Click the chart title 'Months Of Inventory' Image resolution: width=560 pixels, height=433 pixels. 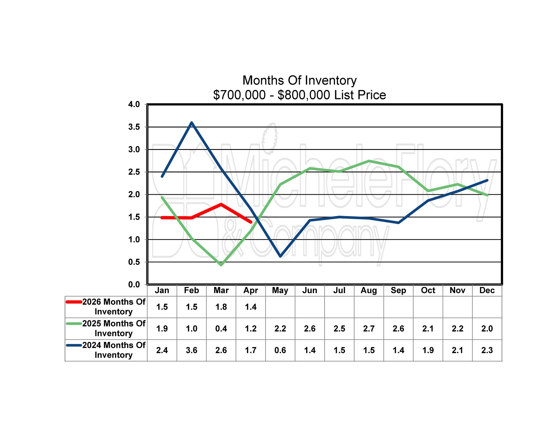[299, 80]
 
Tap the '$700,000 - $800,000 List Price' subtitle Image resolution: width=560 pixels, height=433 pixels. [299, 95]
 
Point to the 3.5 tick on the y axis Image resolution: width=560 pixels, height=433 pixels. [134, 127]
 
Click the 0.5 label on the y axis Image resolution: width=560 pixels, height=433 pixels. [134, 262]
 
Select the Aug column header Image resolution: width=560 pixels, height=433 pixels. [369, 290]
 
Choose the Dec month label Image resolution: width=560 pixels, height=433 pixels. [487, 290]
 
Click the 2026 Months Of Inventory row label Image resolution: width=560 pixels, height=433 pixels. [113, 307]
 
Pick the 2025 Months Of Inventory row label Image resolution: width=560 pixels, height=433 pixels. [113, 328]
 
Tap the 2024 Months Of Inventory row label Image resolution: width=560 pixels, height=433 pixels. [113, 350]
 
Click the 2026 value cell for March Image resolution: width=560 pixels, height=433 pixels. [221, 307]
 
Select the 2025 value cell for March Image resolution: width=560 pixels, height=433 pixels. [221, 329]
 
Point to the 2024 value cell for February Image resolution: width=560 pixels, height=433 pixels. [191, 350]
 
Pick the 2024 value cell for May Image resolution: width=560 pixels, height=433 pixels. [280, 350]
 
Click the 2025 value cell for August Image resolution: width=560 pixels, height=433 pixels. [369, 329]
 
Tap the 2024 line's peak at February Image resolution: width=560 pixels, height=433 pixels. [191, 123]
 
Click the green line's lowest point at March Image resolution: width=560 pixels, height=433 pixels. [221, 265]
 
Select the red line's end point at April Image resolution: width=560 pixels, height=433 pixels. [250, 222]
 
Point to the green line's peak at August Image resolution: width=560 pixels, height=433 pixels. [369, 161]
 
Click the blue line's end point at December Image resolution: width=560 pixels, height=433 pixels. [487, 181]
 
